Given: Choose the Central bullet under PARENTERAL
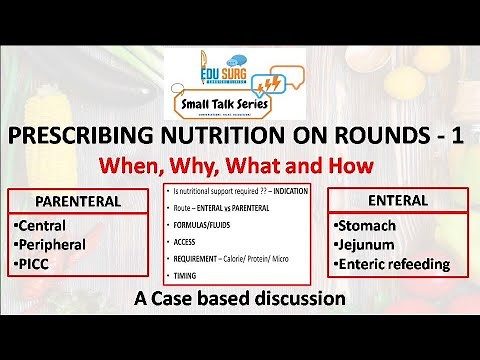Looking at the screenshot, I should point(45,225).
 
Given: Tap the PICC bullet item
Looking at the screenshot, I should point(37,264).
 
